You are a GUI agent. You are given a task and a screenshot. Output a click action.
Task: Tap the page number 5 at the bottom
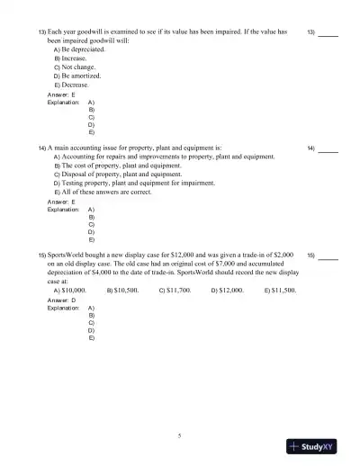(180, 435)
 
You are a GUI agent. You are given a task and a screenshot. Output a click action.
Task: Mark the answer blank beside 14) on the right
(328, 147)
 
